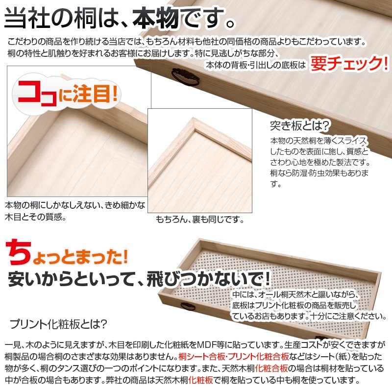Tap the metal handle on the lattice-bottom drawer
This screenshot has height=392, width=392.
tap(189, 307)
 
